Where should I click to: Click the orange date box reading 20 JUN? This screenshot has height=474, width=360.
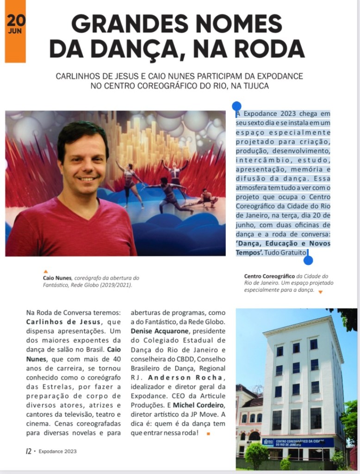(x=15, y=31)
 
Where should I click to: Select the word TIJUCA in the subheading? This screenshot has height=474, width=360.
(x=253, y=86)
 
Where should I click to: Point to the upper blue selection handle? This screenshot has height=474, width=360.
(x=236, y=106)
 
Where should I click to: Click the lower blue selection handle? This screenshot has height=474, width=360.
(x=308, y=260)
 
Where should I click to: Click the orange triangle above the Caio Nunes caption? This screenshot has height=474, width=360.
(x=45, y=272)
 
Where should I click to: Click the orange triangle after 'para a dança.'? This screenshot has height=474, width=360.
(x=320, y=292)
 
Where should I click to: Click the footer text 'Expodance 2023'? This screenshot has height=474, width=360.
(x=58, y=451)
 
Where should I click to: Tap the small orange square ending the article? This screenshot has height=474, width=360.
(x=208, y=433)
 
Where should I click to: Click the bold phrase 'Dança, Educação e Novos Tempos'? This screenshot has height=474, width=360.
(x=283, y=248)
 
